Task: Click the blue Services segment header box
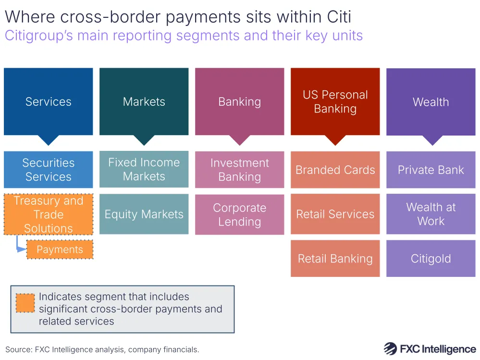coord(48,101)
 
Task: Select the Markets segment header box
coord(144,101)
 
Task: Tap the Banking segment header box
coord(239,101)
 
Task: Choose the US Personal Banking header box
coord(335,101)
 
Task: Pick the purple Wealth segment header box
coord(431,101)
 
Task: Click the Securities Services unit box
coord(48,170)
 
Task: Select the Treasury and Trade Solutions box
coord(48,214)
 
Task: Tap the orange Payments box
coord(60,250)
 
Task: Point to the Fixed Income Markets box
coord(144,169)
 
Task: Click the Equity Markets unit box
coord(144,214)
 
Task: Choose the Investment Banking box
coord(239,170)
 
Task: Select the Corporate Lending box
coord(239,215)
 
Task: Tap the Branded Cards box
coord(335,170)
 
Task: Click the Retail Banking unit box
coord(335,259)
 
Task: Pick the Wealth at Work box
coord(431,214)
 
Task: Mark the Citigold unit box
coord(431,259)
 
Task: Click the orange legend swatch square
coord(25,303)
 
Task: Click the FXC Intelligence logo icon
coord(390,349)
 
